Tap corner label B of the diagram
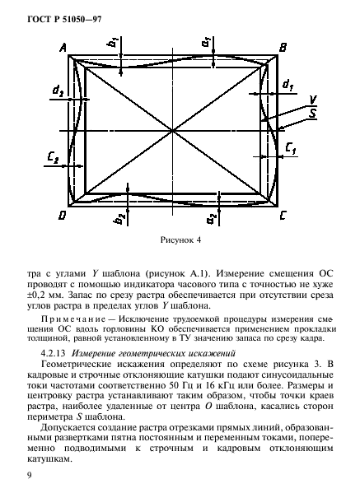283,49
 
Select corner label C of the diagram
283,215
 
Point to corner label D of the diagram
63,215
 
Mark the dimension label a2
212,218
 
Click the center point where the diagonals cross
174,130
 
